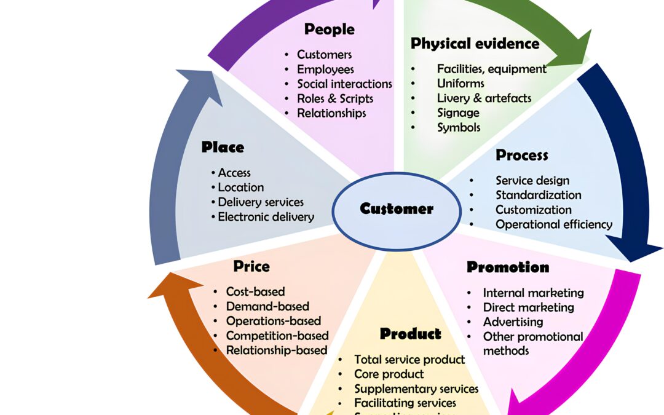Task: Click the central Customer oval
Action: coord(396,209)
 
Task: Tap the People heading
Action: coord(330,29)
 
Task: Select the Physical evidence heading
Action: coord(475,44)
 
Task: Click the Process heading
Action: coord(521,155)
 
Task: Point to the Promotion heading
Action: coord(508,267)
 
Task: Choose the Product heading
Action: coord(410,334)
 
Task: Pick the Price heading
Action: coord(251,266)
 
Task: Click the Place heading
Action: coord(223,148)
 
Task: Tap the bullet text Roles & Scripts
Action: coord(335,98)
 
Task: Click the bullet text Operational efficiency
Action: coord(554,224)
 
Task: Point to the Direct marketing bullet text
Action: coord(528,307)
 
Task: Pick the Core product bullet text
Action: coord(389,374)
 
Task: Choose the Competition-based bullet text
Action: coord(277,336)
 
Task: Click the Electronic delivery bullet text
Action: coord(266,217)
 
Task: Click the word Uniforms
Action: coord(460,83)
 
